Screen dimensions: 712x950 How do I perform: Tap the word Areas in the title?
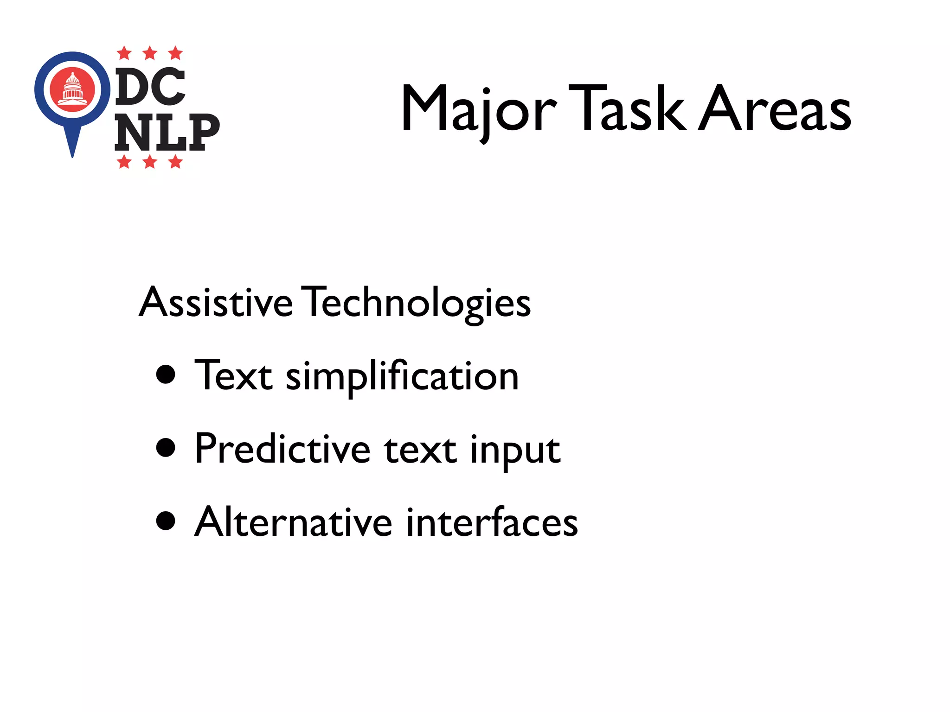tap(775, 108)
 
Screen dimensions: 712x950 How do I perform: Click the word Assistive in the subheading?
tap(216, 302)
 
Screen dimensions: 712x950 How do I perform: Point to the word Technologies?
tap(417, 303)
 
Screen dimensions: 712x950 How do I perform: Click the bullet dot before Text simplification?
tap(166, 375)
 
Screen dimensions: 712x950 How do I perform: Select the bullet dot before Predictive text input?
tap(166, 448)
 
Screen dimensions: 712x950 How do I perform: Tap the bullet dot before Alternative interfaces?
tap(166, 521)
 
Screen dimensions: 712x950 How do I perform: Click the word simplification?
tap(402, 376)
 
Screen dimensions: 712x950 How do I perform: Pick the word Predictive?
tap(282, 449)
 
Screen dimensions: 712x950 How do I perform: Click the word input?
tap(515, 451)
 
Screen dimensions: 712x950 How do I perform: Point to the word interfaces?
tap(492, 522)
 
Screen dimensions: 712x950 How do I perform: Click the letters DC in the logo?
tap(150, 86)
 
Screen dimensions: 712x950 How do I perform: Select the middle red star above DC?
tap(150, 53)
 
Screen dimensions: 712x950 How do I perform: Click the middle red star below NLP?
tap(150, 162)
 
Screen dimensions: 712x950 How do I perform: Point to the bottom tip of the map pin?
tap(72, 156)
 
